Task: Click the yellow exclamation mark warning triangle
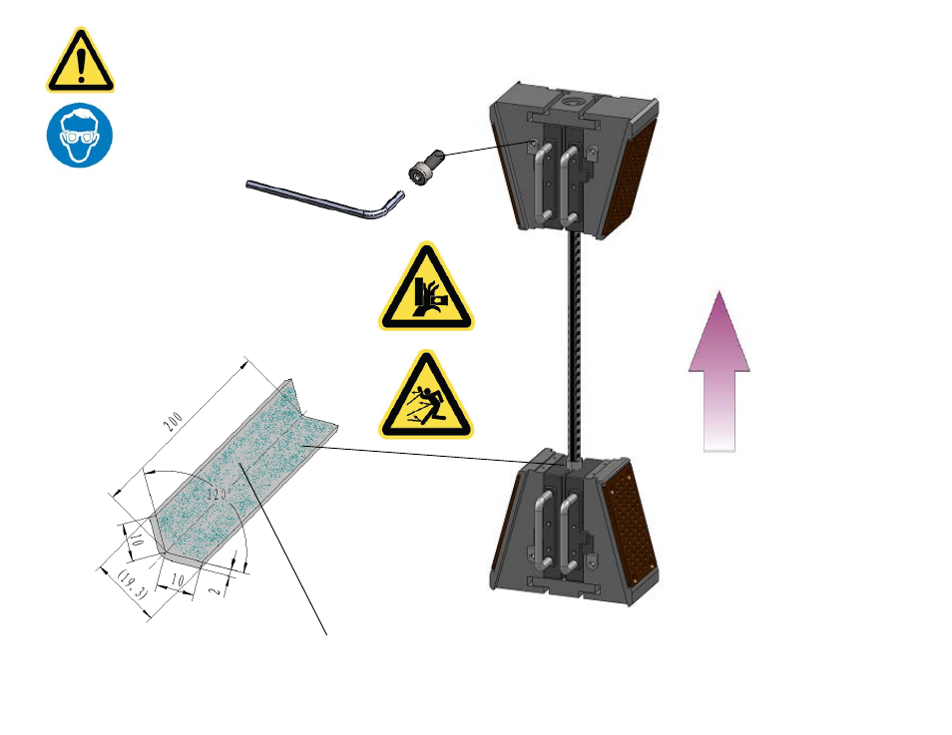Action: (x=80, y=61)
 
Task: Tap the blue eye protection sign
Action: (x=80, y=135)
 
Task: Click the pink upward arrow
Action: (x=719, y=371)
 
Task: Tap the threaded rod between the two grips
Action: (x=575, y=345)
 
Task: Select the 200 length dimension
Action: (x=173, y=421)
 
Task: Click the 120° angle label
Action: (x=217, y=494)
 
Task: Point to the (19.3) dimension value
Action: (x=132, y=584)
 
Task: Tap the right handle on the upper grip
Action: (x=569, y=183)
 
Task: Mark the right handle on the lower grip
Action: (x=569, y=533)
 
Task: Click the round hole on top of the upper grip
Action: (x=572, y=99)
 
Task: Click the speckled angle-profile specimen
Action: (x=242, y=474)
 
